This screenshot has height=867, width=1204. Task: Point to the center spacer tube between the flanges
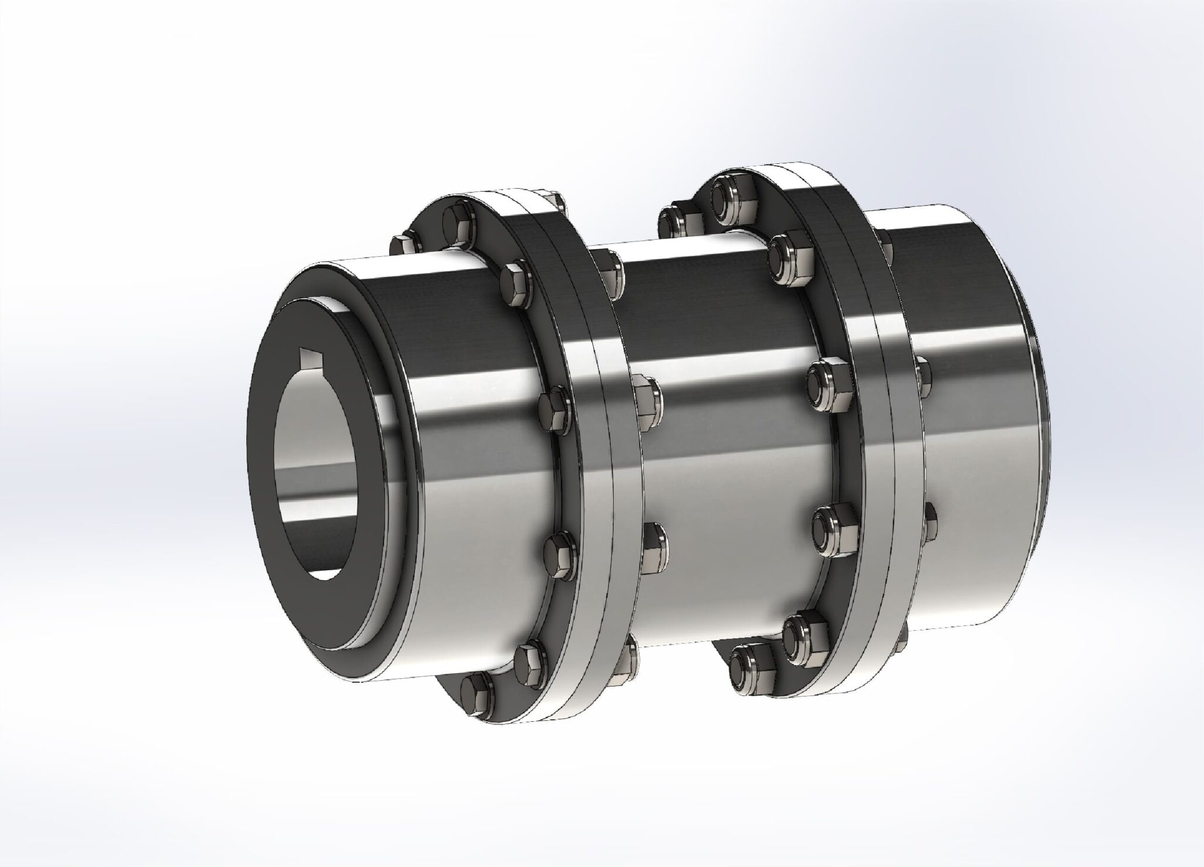(x=729, y=447)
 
